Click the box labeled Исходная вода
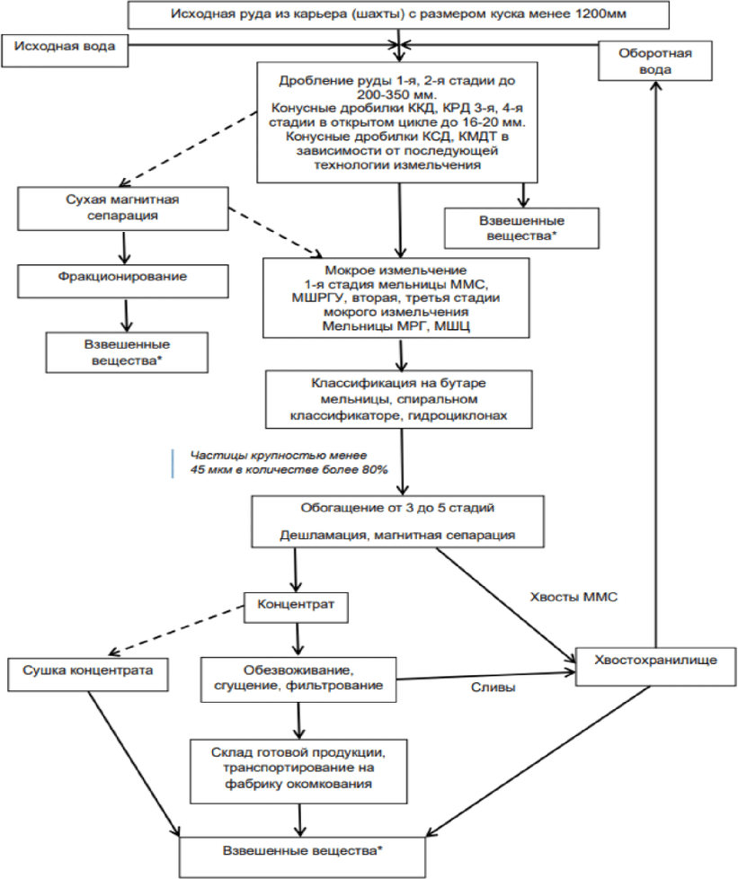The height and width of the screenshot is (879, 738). (64, 50)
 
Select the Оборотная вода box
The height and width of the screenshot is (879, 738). (655, 61)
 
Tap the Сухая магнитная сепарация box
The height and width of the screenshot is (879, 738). (123, 209)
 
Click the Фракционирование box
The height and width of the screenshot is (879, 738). (123, 280)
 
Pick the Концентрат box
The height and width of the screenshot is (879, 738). (296, 607)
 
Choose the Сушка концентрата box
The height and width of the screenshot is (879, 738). (87, 674)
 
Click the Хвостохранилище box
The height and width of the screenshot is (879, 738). (655, 667)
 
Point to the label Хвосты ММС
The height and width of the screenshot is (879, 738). (574, 597)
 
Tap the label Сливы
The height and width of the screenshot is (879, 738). (493, 688)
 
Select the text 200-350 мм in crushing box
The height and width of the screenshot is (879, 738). (396, 93)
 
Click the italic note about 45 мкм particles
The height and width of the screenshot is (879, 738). (289, 463)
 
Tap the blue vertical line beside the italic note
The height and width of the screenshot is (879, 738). (173, 463)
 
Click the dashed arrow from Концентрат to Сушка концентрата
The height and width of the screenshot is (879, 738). (177, 630)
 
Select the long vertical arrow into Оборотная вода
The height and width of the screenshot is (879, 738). (655, 364)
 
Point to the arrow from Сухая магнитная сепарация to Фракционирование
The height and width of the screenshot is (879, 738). (124, 247)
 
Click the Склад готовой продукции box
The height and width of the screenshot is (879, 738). (298, 771)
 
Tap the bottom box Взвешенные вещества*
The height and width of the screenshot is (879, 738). (303, 857)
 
